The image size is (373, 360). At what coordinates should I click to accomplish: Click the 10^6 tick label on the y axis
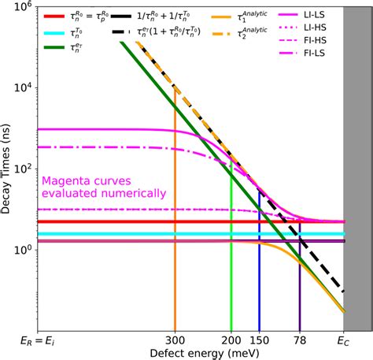(23, 7)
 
